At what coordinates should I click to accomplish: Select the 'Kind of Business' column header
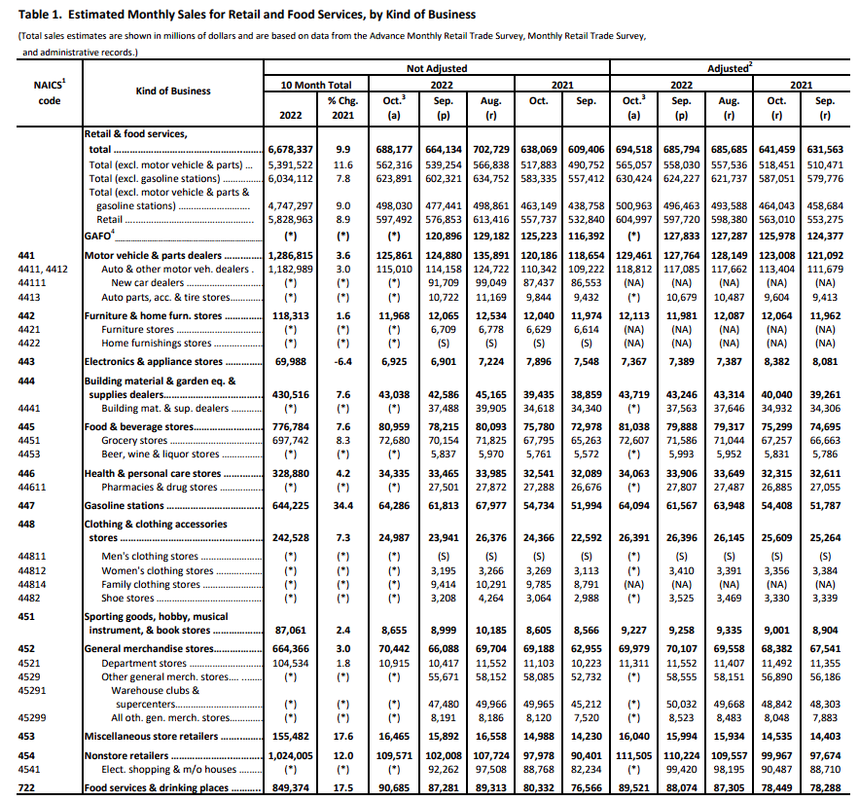pyautogui.click(x=173, y=91)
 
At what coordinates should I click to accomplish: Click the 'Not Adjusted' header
pyautogui.click(x=437, y=69)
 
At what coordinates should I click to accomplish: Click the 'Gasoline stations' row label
pyautogui.click(x=124, y=506)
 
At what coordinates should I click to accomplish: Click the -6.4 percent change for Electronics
pyautogui.click(x=342, y=361)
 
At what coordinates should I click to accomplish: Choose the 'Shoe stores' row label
pyautogui.click(x=127, y=598)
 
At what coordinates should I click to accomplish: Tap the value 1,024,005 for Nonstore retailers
pyautogui.click(x=290, y=754)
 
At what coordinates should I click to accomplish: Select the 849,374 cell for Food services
pyautogui.click(x=290, y=787)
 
